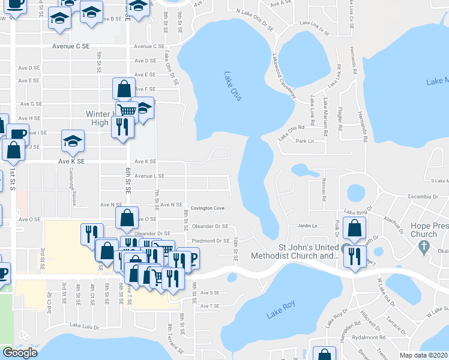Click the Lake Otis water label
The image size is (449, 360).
[x=232, y=86]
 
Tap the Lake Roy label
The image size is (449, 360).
[x=282, y=306]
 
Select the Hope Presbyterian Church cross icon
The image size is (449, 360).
[x=424, y=247]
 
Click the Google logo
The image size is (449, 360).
[x=20, y=353]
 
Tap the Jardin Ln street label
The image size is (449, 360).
[x=306, y=226]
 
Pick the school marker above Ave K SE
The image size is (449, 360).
[x=73, y=141]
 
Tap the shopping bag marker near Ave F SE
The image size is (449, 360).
[x=123, y=89]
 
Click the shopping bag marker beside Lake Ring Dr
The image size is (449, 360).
[x=355, y=229]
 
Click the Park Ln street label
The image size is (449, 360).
[x=305, y=142]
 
